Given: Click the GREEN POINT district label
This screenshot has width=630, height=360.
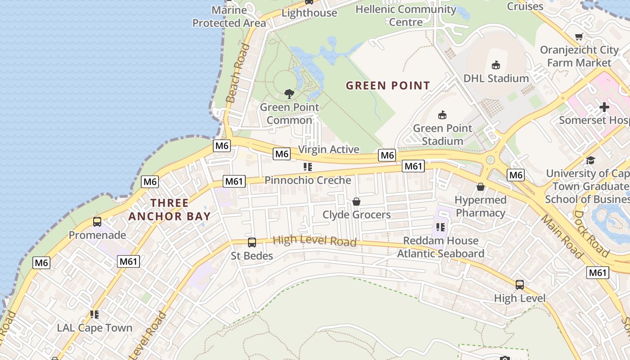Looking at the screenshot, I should coord(388,85).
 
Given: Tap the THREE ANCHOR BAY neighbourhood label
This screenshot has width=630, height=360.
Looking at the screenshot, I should coord(170,210).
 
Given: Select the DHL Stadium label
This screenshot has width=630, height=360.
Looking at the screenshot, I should coord(495,78).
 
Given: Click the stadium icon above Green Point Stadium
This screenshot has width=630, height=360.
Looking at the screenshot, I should coord(442,115).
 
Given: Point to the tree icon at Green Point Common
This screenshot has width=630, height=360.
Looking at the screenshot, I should coord(289,94).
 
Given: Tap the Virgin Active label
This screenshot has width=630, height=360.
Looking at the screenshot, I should coord(329,149).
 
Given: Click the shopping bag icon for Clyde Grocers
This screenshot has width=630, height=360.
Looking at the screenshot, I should coord(356,201).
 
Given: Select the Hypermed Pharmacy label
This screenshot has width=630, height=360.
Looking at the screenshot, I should coord(481,206).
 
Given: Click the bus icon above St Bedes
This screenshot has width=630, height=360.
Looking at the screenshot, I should coord(252,243).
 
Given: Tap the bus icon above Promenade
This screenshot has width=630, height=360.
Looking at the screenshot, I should coord(97,221).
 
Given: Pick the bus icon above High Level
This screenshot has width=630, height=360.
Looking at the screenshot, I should coord(520,284).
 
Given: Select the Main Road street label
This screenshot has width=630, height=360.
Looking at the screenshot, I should coord(561,236).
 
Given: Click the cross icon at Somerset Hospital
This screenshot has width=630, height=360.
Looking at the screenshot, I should coord(604,107).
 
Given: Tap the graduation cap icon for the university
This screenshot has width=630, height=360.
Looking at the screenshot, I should coord(590,160).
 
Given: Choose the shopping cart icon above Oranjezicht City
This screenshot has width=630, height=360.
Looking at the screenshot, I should coord(579,37).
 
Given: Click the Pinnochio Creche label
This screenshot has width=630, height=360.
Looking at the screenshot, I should coord(308,180).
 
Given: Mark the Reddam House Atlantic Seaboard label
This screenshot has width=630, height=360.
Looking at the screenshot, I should coord(441,247).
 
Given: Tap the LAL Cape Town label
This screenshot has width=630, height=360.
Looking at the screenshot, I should coord(94,328).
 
